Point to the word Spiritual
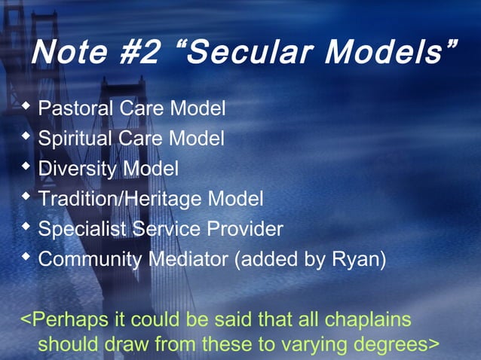(x=74, y=139)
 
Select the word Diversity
(x=77, y=169)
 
